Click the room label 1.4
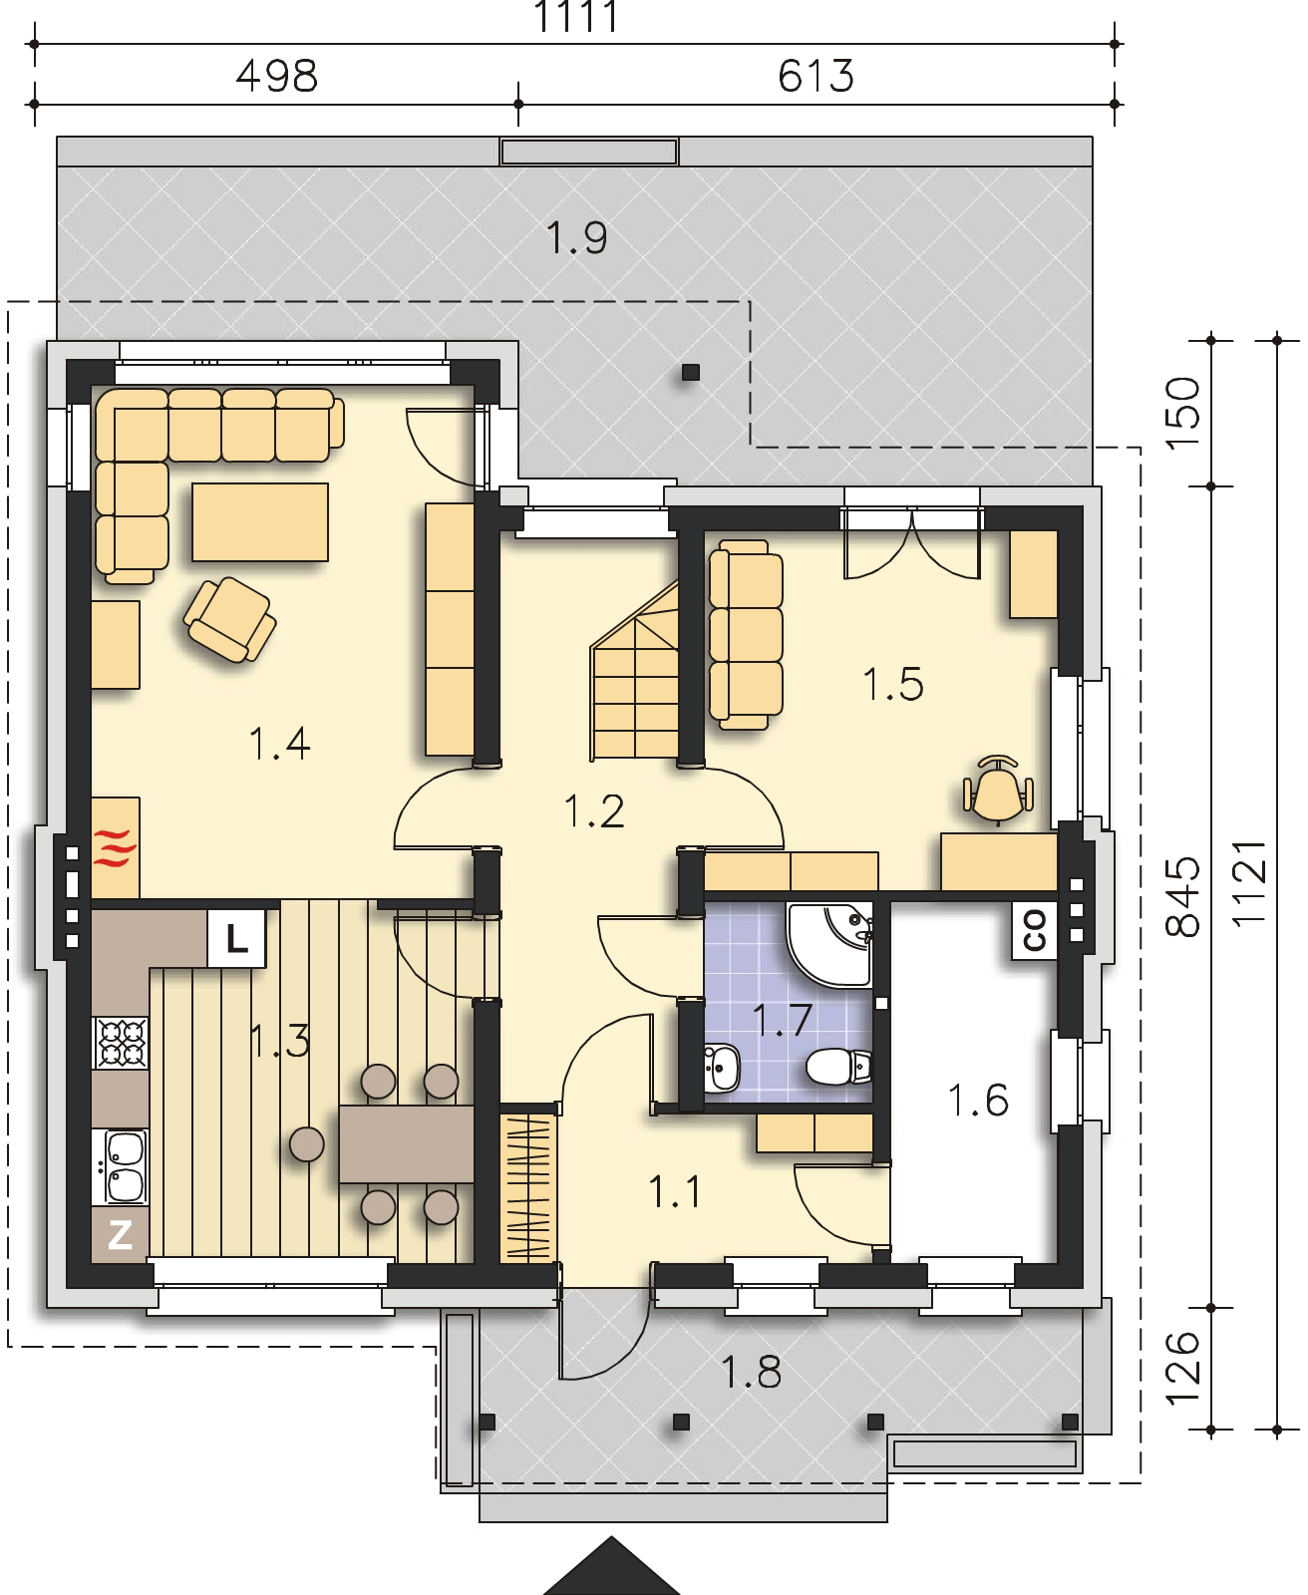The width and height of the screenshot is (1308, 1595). pos(279,744)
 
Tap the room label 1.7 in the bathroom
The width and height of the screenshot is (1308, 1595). pos(783,1020)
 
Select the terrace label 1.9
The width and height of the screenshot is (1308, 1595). pos(576,238)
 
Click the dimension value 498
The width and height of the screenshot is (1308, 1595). pos(277,77)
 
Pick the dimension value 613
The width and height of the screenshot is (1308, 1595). pos(816,77)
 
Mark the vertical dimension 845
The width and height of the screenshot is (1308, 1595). pos(1182,897)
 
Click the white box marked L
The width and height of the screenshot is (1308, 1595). pos(236,938)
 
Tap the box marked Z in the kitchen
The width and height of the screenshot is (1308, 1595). pos(120,1235)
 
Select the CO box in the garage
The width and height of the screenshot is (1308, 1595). pos(1034,930)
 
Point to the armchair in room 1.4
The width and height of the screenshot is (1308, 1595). pos(230,619)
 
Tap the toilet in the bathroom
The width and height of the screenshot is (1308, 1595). pos(838,1067)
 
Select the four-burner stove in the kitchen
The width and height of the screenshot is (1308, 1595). pos(121,1042)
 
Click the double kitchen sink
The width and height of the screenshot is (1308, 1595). pos(121,1167)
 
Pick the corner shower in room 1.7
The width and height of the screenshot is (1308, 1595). pos(829,944)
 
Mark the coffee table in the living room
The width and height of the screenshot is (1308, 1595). pos(259,521)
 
